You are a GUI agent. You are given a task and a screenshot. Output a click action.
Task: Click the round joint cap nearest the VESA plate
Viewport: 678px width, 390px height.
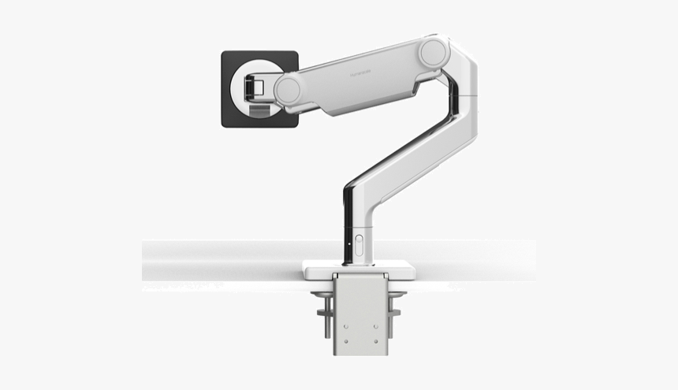click(x=286, y=89)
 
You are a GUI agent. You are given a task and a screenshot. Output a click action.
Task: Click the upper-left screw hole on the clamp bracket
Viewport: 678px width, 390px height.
click(x=345, y=299)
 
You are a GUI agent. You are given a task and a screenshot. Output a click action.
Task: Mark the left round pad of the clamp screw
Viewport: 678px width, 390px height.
click(x=321, y=295)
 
